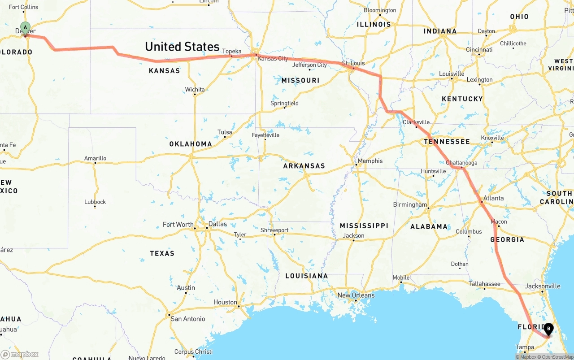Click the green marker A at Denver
[26, 28]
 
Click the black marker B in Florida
[548, 329]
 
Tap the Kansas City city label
[273, 59]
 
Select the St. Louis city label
[353, 63]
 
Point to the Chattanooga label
[461, 163]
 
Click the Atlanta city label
[493, 198]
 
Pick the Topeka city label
[232, 51]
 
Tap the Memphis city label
[370, 161]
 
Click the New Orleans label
[356, 295]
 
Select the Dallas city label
[217, 224]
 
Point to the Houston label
[225, 302]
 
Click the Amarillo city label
[95, 158]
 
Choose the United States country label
[182, 47]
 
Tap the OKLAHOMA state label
[191, 144]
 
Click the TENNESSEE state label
[447, 142]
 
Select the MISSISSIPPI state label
[364, 226]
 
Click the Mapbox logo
[20, 354]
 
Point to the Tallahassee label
[484, 284]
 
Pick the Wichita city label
[195, 90]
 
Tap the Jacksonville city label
[543, 286]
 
